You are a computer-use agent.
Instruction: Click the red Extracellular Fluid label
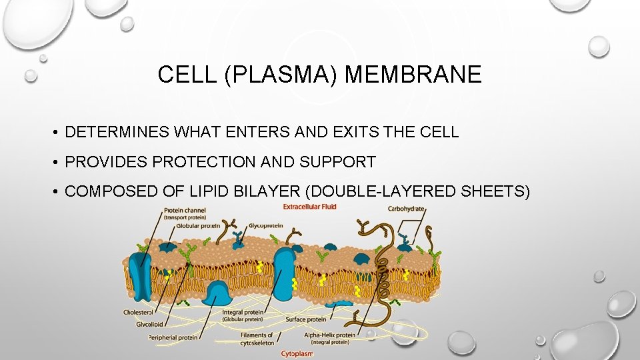pos(309,207)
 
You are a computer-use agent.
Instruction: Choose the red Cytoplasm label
pos(297,353)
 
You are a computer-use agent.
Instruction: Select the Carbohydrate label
pos(406,209)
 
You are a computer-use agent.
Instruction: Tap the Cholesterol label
pos(138,312)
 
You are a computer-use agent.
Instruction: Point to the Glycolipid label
pos(151,324)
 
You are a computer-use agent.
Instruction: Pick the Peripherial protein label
pos(173,337)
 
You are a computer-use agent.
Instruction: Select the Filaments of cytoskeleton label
pos(257,339)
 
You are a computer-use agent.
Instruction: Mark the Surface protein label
pos(306,319)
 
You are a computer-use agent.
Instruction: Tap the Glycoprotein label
pos(265,226)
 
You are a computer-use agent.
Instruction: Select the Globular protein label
pos(199,226)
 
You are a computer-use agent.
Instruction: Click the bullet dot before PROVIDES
pos(56,162)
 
